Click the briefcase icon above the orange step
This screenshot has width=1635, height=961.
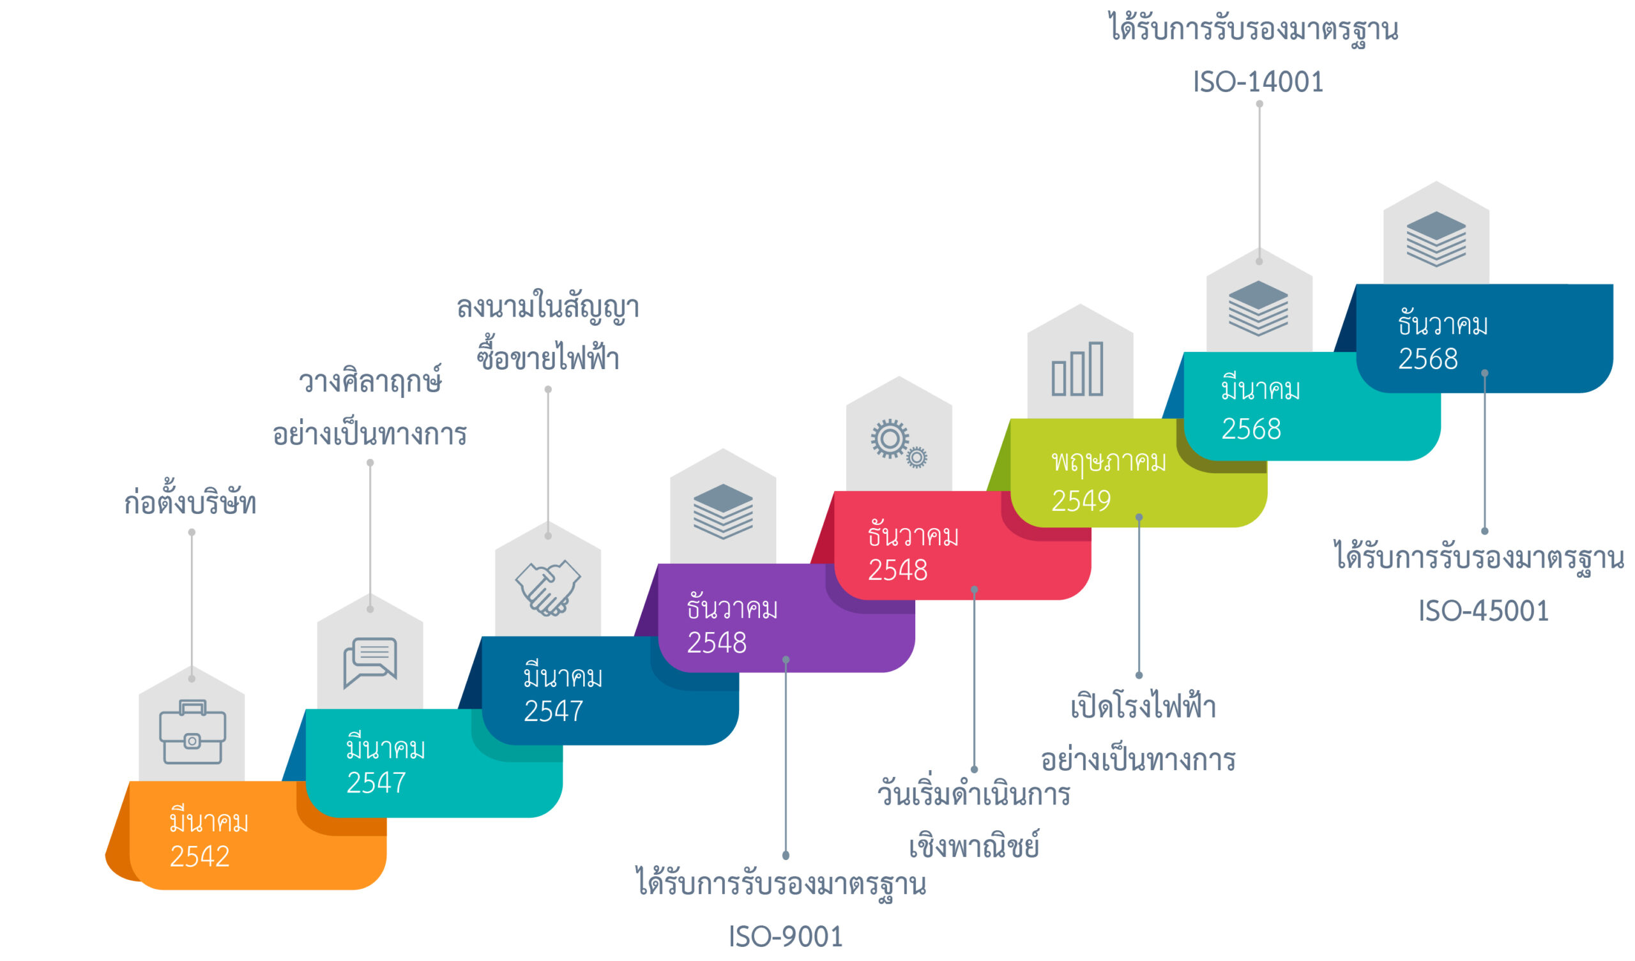(193, 732)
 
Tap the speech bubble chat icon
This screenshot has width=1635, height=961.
(370, 663)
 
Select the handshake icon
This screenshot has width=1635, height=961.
(548, 588)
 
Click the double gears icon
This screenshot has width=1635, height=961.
(899, 444)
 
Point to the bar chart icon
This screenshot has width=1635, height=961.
(1077, 368)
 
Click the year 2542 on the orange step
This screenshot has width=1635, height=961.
(200, 856)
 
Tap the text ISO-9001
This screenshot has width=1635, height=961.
(786, 937)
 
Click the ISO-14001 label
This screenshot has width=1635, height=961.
(1258, 82)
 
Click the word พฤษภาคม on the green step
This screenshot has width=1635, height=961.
(1109, 462)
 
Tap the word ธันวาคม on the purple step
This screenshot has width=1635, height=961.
(732, 607)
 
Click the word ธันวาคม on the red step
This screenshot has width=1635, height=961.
(913, 534)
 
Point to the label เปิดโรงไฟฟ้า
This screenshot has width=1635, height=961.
(1143, 706)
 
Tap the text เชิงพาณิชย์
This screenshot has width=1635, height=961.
(974, 844)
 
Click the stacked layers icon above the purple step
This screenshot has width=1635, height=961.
(723, 511)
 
